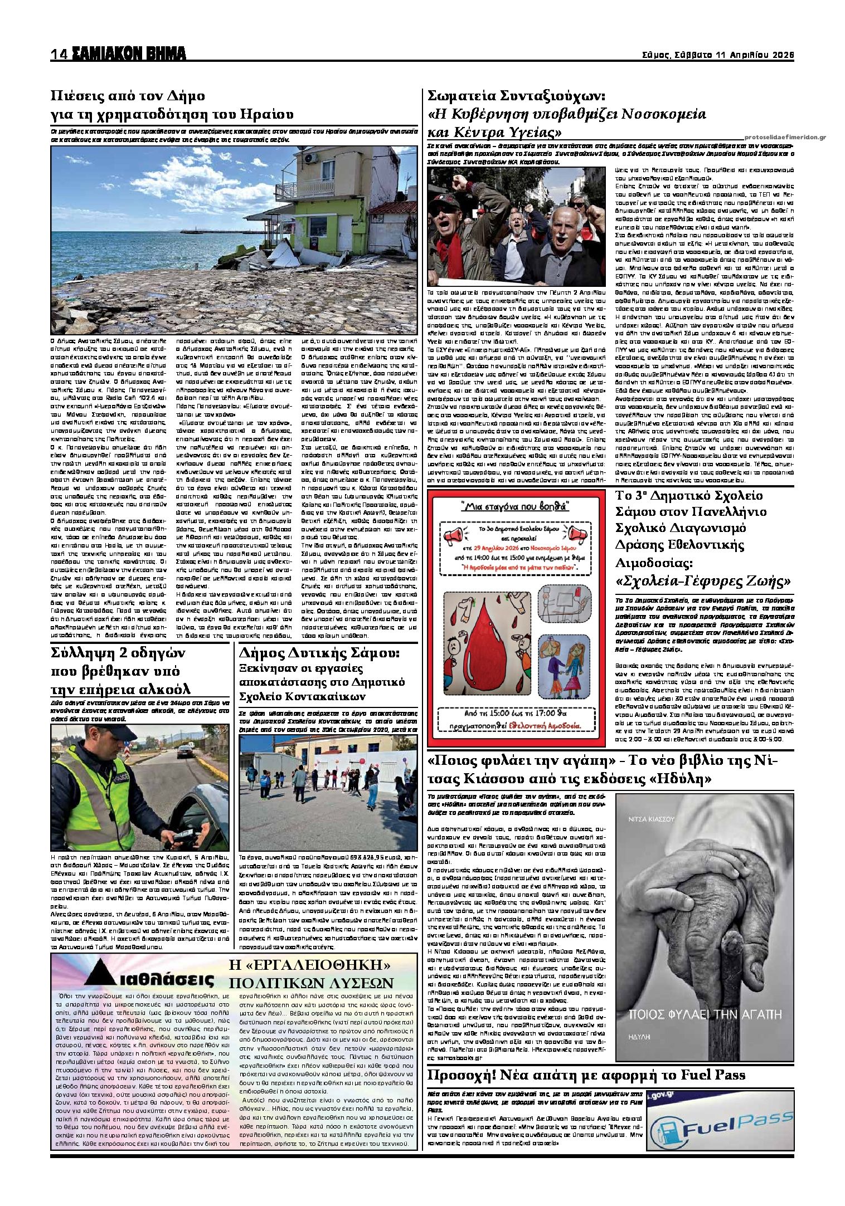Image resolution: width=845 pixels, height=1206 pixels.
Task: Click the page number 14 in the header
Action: [59, 55]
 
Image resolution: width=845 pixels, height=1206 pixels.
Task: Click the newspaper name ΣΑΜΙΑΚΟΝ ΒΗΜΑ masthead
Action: [128, 54]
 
